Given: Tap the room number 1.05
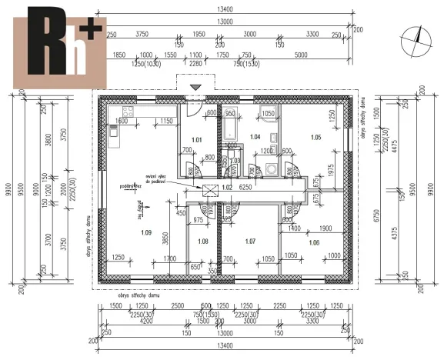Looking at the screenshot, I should (315, 137).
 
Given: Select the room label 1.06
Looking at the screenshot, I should (313, 243).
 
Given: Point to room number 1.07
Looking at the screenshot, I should (249, 242).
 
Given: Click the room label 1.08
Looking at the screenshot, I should (203, 242).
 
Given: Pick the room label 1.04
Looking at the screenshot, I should (256, 136).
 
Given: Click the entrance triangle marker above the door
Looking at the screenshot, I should (197, 88).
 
